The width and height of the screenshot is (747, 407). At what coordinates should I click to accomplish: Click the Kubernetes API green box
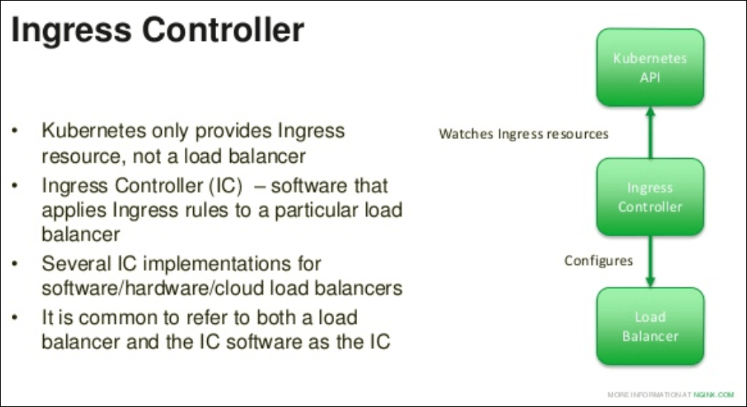tap(650, 67)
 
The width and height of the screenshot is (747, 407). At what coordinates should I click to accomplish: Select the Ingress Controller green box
tap(650, 197)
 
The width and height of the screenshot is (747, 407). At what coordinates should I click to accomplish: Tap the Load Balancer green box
tap(650, 327)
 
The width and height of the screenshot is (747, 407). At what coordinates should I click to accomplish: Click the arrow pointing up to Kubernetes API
tap(650, 132)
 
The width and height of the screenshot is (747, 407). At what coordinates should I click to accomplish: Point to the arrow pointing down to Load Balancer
tap(650, 261)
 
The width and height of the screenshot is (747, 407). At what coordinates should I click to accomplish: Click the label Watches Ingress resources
tap(523, 134)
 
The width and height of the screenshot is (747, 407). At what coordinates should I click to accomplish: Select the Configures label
tap(598, 261)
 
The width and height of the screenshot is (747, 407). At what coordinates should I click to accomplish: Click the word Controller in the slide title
tap(223, 30)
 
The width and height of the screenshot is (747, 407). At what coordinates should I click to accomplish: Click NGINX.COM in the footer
tap(714, 394)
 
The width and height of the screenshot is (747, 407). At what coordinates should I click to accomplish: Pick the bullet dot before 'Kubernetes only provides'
tap(16, 130)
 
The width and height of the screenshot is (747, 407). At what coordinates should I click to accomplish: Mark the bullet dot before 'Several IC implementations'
tap(16, 263)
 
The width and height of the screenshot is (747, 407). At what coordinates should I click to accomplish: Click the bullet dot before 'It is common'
tap(16, 317)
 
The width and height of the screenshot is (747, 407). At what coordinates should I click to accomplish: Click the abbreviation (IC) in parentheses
tap(226, 186)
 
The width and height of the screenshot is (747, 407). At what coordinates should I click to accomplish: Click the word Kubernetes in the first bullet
tap(94, 131)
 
